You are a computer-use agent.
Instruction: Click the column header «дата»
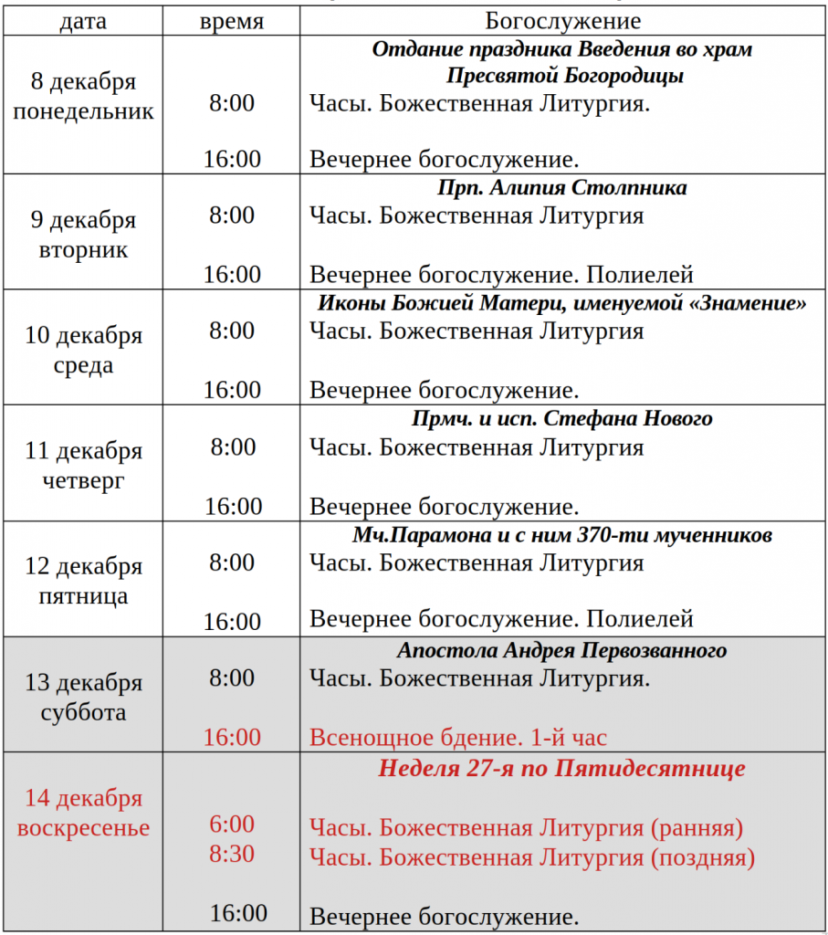tap(83, 21)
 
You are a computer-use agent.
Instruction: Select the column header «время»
tap(232, 21)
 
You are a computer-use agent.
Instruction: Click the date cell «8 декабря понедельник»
tap(83, 97)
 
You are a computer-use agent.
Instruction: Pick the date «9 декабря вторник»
tap(83, 235)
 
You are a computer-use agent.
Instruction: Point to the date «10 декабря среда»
tap(83, 351)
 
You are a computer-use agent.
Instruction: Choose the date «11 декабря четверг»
tap(83, 466)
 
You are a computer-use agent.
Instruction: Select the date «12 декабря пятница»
tap(83, 582)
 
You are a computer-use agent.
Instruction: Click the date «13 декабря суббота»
tap(83, 698)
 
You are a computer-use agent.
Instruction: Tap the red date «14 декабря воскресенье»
tap(83, 814)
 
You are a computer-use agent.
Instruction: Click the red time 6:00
tap(232, 825)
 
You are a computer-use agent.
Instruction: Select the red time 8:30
tap(232, 855)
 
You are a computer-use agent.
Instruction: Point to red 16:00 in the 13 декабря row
tap(232, 737)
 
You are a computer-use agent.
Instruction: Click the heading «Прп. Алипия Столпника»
tap(561, 188)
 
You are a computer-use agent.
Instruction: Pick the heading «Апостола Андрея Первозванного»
tap(561, 651)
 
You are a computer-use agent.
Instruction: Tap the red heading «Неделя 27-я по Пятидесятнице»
tap(561, 768)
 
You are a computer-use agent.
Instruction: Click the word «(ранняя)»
tap(697, 828)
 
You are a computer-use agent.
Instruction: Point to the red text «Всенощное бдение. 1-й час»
tap(458, 738)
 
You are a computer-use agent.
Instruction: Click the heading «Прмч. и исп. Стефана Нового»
tap(561, 419)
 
